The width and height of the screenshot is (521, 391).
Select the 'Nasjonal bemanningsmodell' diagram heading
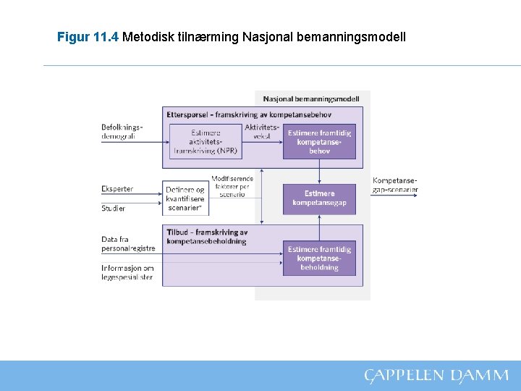click(x=311, y=98)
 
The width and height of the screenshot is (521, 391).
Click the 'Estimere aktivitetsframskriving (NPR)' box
click(x=206, y=142)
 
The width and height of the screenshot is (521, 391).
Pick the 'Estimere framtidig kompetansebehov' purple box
click(x=319, y=142)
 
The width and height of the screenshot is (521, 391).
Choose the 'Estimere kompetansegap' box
click(x=319, y=198)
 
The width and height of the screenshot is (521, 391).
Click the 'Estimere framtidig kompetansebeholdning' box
click(x=319, y=258)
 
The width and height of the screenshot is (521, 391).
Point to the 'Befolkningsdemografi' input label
click(x=122, y=131)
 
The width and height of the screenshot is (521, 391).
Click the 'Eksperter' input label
click(x=117, y=190)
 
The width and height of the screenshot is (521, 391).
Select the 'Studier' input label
click(x=114, y=209)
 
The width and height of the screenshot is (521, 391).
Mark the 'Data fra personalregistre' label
click(x=128, y=243)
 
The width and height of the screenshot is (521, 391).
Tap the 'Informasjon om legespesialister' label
click(x=127, y=272)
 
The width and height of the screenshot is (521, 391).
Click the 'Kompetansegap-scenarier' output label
click(x=395, y=185)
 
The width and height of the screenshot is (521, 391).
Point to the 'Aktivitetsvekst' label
click(x=261, y=131)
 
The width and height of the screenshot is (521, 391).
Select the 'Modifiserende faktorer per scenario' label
click(x=232, y=186)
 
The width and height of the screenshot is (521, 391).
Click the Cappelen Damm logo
click(x=436, y=375)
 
